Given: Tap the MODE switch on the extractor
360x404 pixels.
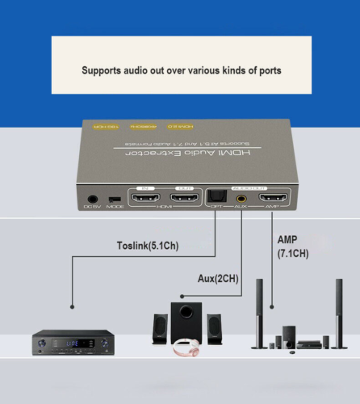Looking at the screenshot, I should point(115,199).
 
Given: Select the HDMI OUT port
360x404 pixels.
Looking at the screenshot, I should point(185,196).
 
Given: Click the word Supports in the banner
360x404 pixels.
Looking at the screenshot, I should point(102,70).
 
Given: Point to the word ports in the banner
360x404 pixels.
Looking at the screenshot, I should point(266,70).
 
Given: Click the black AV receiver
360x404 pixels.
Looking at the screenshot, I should point(73,342).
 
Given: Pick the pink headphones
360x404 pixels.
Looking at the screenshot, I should point(186,346).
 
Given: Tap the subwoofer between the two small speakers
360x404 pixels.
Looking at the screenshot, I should point(185,322).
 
